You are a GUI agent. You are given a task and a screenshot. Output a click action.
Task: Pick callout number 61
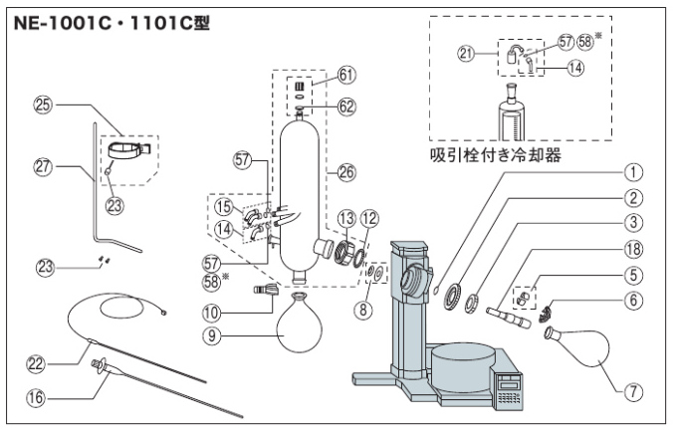[x=345, y=74]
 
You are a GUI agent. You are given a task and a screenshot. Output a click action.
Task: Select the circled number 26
[x=346, y=171]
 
